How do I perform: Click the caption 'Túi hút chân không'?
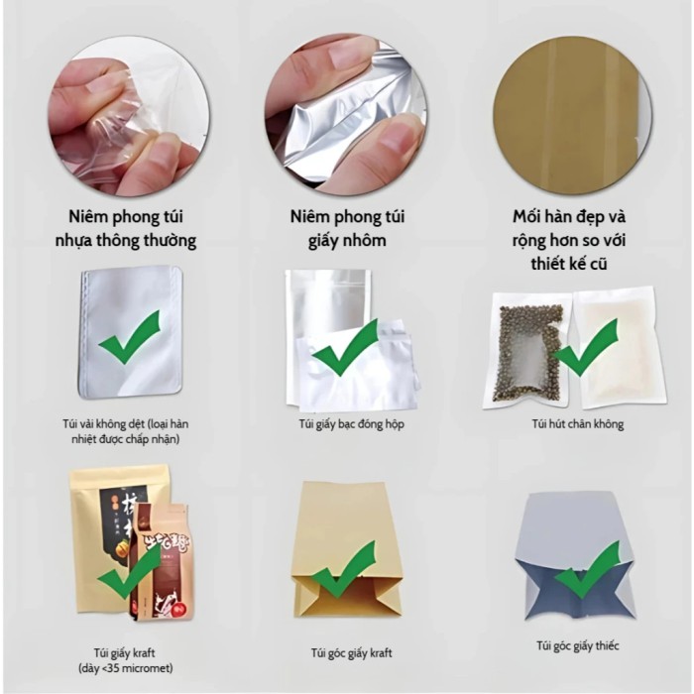coord(578,424)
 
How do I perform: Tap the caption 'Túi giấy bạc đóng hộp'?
coord(351,424)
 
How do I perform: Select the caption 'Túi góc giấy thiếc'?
coord(578,645)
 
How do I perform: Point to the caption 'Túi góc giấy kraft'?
coord(351,652)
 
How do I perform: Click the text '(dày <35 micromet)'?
coord(125,668)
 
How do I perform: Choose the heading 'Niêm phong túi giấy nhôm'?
coord(347,228)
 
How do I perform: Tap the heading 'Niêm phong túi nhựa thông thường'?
coord(126,228)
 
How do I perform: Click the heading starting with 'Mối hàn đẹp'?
coord(569,240)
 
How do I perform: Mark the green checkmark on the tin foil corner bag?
coord(588,570)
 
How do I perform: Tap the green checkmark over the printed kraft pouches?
coord(129,571)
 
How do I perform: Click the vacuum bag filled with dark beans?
coord(527,350)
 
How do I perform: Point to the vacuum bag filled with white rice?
coord(620,347)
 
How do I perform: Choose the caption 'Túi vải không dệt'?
coord(104,424)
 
